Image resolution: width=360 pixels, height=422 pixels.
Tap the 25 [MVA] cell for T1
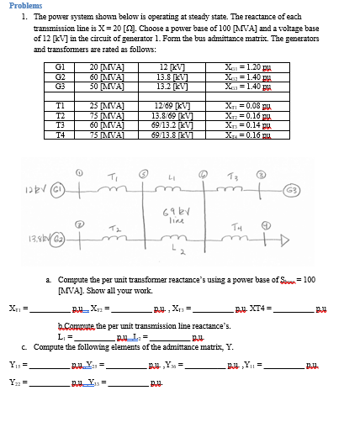(x=104, y=105)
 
